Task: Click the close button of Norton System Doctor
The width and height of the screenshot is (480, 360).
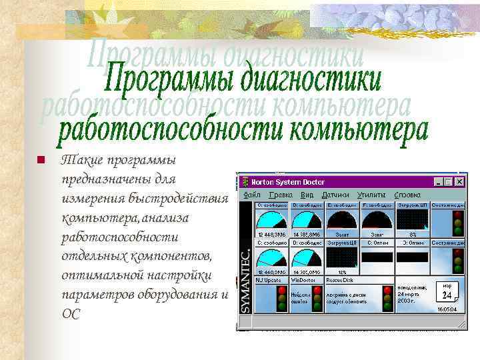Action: point(459,181)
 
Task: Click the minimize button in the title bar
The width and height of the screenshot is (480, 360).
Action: point(439,181)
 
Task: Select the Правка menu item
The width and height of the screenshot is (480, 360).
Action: point(281,195)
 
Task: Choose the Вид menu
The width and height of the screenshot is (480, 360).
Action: point(307,195)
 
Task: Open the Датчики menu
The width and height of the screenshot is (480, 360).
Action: point(335,195)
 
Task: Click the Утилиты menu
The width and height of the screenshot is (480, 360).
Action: point(371,195)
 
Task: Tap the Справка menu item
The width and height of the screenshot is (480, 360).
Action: point(407,195)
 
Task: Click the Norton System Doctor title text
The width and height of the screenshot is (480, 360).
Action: point(283,181)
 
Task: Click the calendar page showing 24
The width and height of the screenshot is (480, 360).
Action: point(447,292)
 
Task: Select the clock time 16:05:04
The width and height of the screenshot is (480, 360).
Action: point(447,309)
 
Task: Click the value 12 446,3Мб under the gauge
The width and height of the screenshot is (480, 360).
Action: point(271,235)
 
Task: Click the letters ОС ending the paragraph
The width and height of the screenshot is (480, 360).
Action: point(70,314)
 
